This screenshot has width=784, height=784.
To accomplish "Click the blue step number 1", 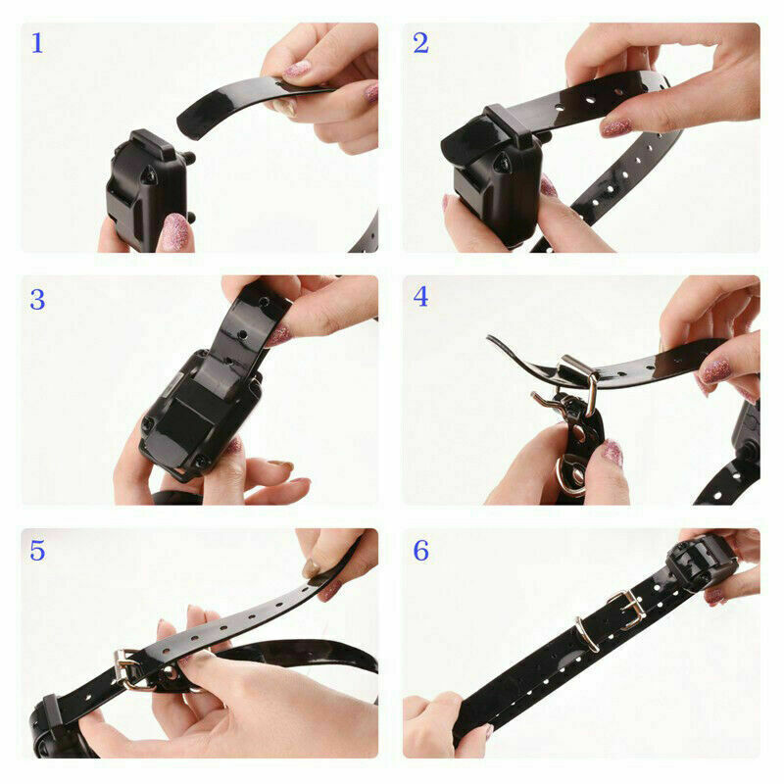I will coord(37,44).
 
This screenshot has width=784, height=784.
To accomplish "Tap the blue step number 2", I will coord(420,44).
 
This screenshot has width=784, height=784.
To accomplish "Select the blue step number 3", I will coord(37,300).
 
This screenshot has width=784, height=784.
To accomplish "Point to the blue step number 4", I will coord(420,297).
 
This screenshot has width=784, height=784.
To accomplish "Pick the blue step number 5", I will coord(37,551).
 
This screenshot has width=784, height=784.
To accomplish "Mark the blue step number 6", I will coord(420,551).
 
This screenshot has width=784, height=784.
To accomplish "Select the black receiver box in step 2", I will coord(495,181).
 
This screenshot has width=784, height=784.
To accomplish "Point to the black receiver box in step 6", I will coord(700,563).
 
